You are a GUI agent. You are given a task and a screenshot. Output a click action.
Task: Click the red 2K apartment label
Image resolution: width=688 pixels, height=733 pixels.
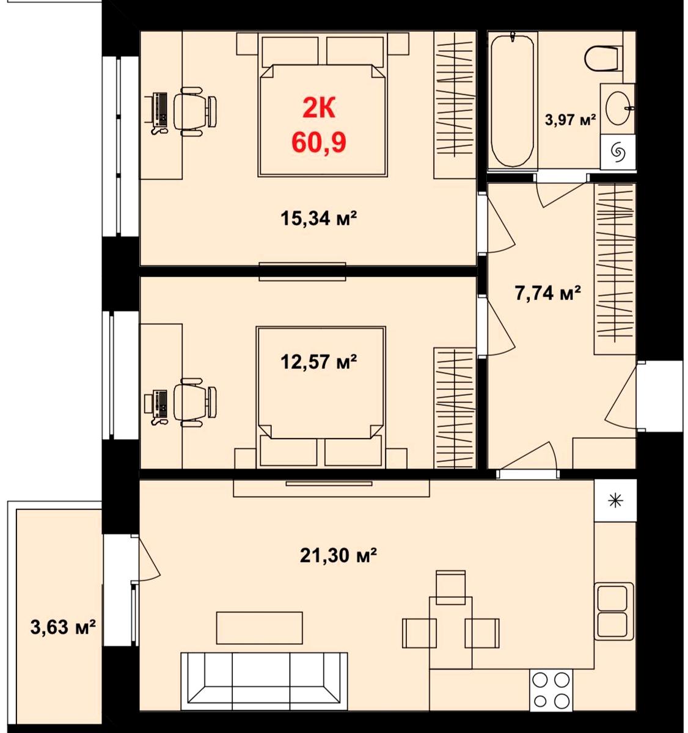coord(319,109)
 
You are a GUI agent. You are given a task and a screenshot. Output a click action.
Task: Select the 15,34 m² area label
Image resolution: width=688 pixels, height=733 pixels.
coord(318,218)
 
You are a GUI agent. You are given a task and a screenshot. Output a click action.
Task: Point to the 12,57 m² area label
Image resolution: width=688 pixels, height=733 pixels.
coord(318,362)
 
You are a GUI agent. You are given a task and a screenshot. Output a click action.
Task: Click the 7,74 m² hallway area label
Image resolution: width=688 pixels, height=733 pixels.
coord(547,293)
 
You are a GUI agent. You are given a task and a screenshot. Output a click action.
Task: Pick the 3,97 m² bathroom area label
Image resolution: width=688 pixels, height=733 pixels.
coord(571,120)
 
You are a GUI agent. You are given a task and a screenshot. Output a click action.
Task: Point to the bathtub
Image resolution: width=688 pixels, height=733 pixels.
coord(511,100)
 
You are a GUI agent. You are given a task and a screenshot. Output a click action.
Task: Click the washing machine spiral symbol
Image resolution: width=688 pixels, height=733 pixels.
coord(617,152)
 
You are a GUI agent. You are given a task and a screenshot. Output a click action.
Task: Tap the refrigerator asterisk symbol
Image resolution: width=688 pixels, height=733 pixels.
coord(615,500)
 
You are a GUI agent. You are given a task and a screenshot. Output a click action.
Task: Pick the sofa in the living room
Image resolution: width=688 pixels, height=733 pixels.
coord(264,680)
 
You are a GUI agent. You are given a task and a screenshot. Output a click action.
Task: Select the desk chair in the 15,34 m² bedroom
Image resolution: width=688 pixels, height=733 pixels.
coord(195,111)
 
